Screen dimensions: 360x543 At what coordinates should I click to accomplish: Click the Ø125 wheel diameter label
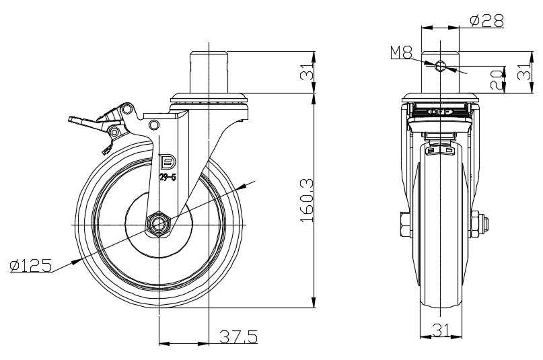tap(31, 266)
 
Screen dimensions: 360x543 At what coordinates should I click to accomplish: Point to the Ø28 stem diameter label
tap(486, 20)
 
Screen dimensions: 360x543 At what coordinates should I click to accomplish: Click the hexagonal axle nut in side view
tap(159, 223)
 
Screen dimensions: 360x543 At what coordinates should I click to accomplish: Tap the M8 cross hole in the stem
tap(440, 66)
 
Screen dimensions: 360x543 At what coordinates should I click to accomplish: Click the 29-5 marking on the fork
tap(168, 178)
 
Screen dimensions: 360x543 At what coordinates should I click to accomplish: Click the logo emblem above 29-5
tap(168, 162)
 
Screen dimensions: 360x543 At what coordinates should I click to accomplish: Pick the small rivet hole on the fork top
tap(154, 124)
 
